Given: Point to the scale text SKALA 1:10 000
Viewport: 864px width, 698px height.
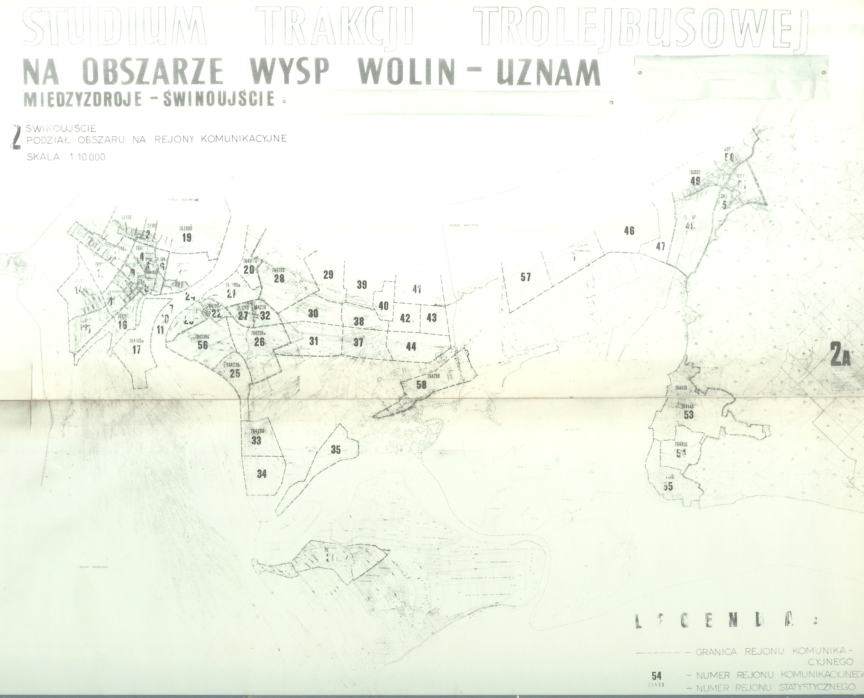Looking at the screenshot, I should [x=66, y=157].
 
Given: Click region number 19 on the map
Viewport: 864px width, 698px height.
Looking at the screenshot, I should [x=187, y=237].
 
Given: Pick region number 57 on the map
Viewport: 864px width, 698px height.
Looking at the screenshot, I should [x=526, y=277].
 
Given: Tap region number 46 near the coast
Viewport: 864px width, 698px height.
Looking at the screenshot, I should [x=629, y=231].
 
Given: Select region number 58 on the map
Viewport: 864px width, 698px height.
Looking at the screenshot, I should [x=421, y=385].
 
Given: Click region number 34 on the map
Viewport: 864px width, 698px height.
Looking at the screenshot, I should [x=261, y=474].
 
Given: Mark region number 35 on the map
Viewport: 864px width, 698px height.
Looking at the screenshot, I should [x=336, y=450].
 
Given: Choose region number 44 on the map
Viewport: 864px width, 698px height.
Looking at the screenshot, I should [x=411, y=347].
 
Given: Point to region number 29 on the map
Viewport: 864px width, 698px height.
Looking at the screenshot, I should [x=328, y=275].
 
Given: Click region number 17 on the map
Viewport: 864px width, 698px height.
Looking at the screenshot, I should [x=137, y=350].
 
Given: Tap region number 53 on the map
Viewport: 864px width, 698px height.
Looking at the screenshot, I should [x=689, y=415].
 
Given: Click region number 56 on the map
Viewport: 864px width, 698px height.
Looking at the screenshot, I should [x=203, y=345].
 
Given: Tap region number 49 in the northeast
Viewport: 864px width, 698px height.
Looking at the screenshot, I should [x=695, y=181].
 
